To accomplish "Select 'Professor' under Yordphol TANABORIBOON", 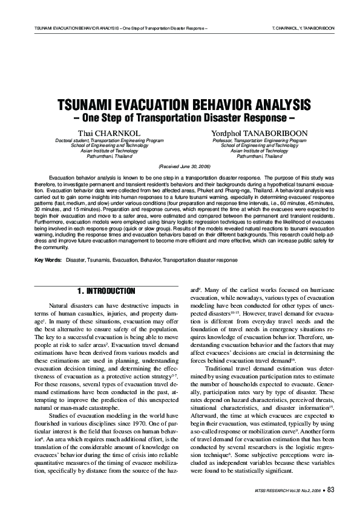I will point(223,140).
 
